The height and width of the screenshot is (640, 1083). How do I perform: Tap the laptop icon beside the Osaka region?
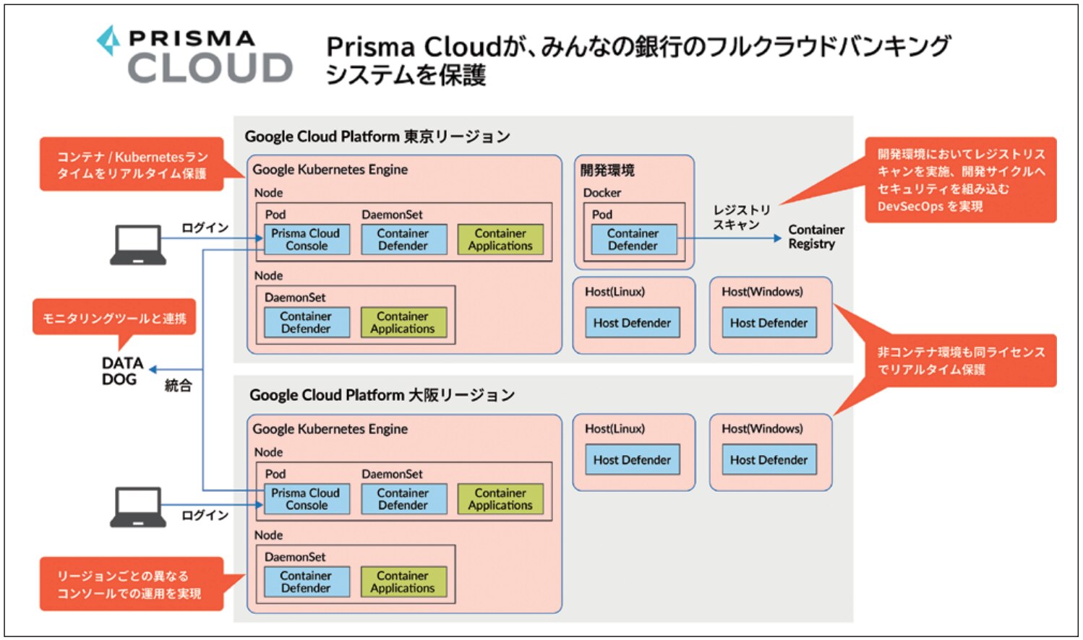click(137, 506)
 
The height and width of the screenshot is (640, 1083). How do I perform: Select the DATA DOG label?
click(121, 371)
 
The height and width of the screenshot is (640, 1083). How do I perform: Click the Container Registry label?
click(816, 237)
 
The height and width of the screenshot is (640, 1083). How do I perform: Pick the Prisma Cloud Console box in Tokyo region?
click(307, 240)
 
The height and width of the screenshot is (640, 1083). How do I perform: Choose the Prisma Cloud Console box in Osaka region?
click(307, 499)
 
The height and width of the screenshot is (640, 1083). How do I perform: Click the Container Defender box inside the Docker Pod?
click(633, 240)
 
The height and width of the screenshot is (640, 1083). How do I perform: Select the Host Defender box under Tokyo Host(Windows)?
click(769, 323)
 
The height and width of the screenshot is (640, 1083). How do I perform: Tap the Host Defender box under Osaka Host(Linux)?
click(632, 460)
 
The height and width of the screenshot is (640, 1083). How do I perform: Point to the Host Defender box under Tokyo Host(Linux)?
click(632, 323)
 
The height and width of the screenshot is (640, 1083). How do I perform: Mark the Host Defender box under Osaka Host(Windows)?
click(769, 460)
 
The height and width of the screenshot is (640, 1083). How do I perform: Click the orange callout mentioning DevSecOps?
click(960, 180)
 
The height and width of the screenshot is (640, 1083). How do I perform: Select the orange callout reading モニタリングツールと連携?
click(114, 318)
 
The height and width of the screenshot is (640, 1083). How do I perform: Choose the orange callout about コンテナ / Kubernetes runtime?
click(132, 165)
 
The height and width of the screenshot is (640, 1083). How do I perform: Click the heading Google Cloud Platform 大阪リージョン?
click(382, 395)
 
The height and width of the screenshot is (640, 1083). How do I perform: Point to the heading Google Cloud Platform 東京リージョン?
click(377, 137)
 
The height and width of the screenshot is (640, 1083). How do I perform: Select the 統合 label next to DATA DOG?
click(178, 385)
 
